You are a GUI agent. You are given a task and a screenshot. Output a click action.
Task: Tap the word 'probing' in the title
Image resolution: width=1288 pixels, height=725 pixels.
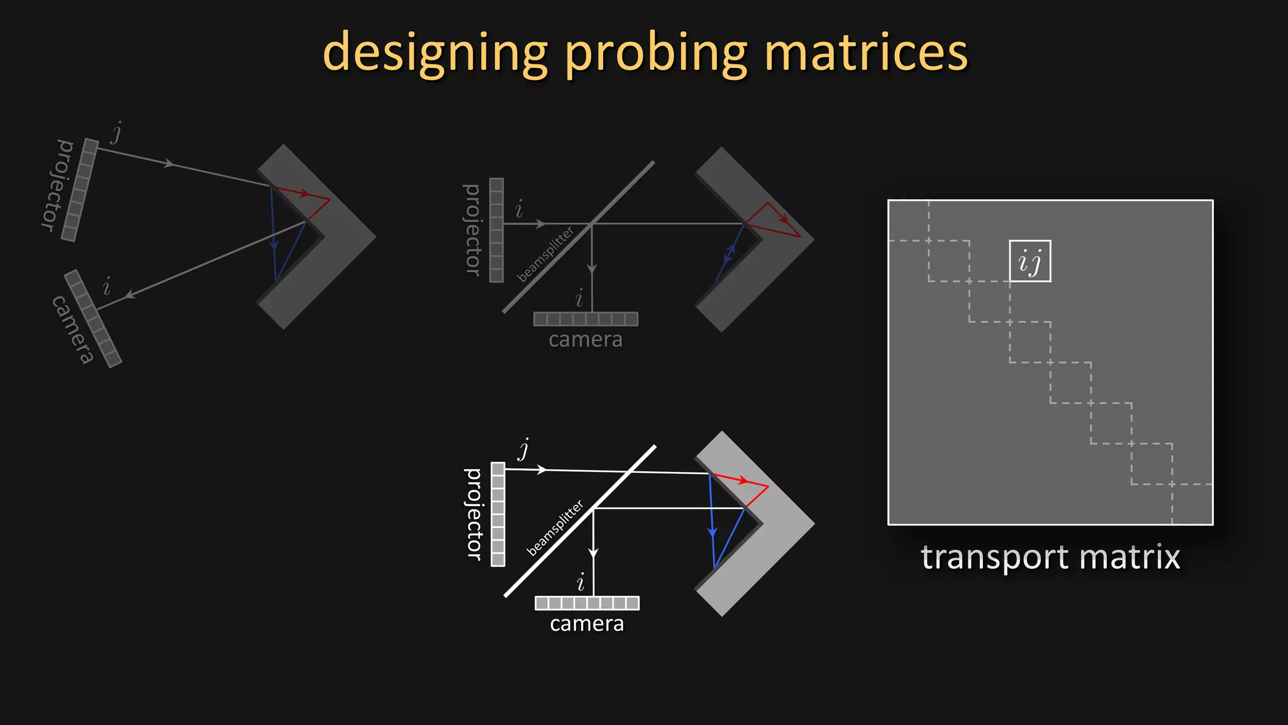tap(657, 54)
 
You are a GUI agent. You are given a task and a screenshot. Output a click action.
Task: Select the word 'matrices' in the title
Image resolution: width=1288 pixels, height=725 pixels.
tap(866, 53)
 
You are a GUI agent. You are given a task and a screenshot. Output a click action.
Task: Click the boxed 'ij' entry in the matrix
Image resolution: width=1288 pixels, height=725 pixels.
tap(1030, 261)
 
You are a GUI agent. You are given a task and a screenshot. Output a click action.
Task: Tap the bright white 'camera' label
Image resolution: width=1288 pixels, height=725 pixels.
tap(587, 624)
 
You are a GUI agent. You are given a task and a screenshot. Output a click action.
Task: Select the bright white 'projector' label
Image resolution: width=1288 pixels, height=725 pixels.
tap(474, 514)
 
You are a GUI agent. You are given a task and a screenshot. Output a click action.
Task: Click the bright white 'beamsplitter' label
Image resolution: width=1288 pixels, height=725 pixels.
tap(555, 528)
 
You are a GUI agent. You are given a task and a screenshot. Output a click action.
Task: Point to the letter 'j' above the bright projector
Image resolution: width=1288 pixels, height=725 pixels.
tap(524, 449)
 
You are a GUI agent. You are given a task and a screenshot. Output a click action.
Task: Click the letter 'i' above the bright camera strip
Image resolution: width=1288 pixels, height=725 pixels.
tap(580, 582)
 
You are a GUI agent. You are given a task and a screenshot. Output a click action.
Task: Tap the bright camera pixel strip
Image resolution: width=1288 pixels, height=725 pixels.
tap(587, 603)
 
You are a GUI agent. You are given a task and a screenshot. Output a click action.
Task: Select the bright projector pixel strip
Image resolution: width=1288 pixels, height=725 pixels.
tap(498, 514)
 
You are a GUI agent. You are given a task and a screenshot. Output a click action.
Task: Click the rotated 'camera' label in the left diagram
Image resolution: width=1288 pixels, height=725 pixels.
tap(73, 329)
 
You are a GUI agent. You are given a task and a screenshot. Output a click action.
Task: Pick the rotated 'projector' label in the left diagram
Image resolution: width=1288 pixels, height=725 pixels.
tap(57, 185)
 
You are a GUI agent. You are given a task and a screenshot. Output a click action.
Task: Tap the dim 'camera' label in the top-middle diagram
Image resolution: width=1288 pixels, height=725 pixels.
tap(586, 340)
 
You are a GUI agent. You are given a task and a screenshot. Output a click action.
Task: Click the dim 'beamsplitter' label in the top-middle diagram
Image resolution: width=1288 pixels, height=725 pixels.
tap(545, 254)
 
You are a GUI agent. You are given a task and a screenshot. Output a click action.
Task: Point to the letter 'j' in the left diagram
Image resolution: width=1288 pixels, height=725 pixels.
tap(116, 133)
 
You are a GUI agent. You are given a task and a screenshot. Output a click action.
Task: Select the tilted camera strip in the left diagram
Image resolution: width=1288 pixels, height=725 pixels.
tap(92, 318)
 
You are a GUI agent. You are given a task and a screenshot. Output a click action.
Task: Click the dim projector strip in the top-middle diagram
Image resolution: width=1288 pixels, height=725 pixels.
tap(497, 230)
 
